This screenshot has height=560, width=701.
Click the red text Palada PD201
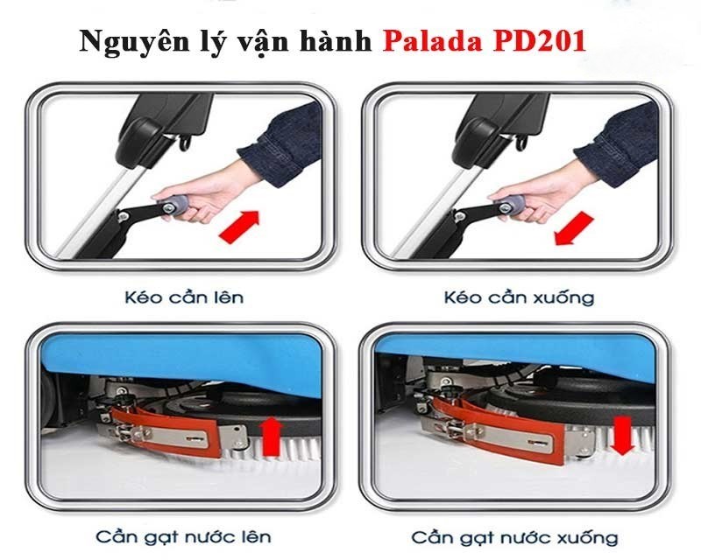pyautogui.click(x=484, y=41)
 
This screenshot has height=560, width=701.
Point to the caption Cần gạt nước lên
pyautogui.click(x=185, y=535)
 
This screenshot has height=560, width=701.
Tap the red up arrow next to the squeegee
pyautogui.click(x=271, y=436)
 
